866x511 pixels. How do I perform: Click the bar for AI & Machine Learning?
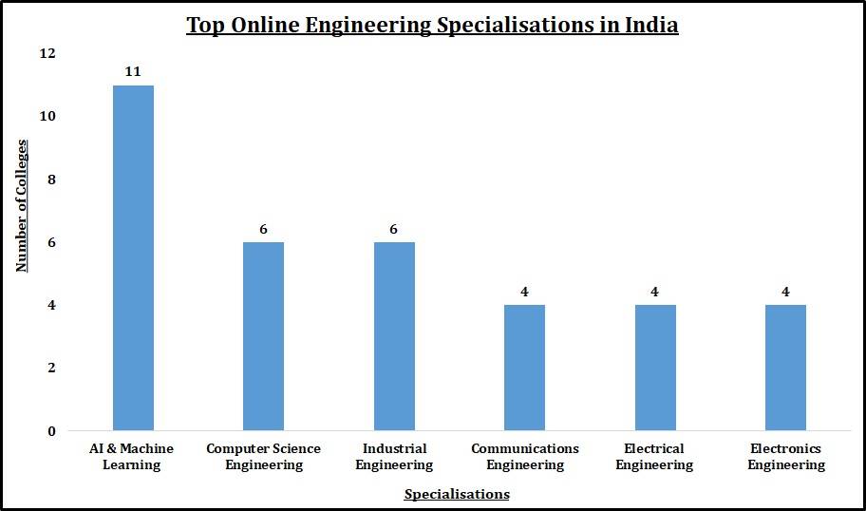coord(133,257)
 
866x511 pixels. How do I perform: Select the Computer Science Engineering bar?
coord(263,336)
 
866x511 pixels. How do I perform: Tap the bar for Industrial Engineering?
coord(394,336)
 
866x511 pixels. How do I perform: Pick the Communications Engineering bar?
coord(524,368)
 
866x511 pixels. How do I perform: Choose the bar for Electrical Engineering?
coord(654,368)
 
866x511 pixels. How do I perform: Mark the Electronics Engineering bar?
coord(785,368)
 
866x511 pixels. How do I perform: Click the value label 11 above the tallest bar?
coord(133,71)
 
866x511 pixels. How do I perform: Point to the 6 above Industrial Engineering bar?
coord(394,229)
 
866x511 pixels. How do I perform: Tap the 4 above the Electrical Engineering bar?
coord(654,292)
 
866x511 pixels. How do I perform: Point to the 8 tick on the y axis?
coord(51,180)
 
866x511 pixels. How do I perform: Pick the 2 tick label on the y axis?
coord(51,368)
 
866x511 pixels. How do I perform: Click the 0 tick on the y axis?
coord(51,431)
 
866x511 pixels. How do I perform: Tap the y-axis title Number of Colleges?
coord(21,205)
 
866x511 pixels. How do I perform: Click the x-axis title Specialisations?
coord(457,494)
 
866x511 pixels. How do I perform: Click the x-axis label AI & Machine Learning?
coord(133,457)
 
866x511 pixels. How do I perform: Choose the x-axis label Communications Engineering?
coord(524,457)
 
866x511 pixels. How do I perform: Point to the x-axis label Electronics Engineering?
coord(785,457)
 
